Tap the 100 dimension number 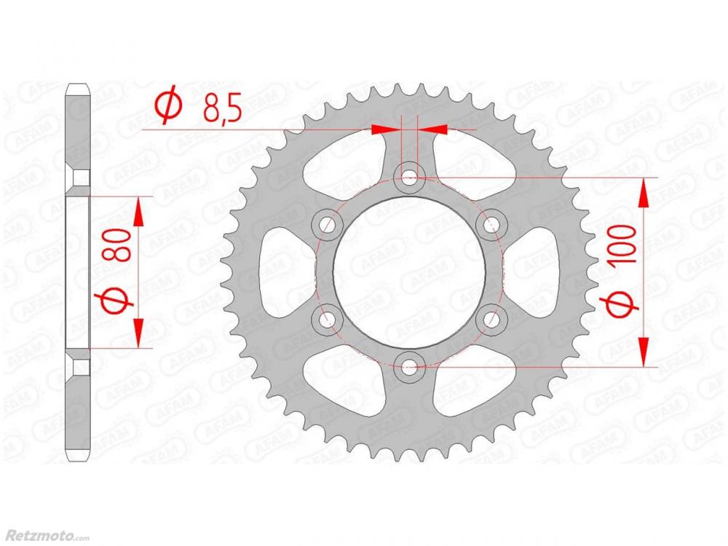[624, 245]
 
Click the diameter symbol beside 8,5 [168, 105]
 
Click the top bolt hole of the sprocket [408, 176]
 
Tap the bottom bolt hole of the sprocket [408, 369]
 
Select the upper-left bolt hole [327, 225]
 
